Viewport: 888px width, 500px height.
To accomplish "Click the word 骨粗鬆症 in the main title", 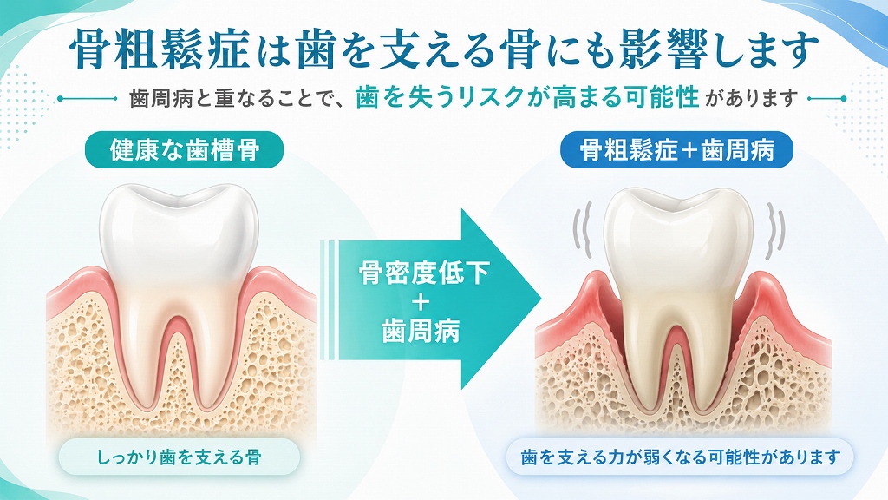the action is pyautogui.click(x=160, y=49).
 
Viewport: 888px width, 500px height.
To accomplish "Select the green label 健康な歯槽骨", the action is pyautogui.click(x=184, y=149).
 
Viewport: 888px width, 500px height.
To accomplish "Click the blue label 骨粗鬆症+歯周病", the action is pyautogui.click(x=676, y=149).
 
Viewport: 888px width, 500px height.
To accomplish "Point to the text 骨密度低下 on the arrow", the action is pyautogui.click(x=423, y=273).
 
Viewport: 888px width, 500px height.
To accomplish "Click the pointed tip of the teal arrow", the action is pyautogui.click(x=541, y=299).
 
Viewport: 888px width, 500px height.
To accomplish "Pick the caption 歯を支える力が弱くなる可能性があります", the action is pyautogui.click(x=680, y=457).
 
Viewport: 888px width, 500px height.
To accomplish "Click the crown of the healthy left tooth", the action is pyautogui.click(x=179, y=233).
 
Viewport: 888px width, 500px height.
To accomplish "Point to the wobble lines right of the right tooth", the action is pyautogui.click(x=775, y=228).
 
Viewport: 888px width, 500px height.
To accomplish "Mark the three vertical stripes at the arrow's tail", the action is pyautogui.click(x=327, y=299).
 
